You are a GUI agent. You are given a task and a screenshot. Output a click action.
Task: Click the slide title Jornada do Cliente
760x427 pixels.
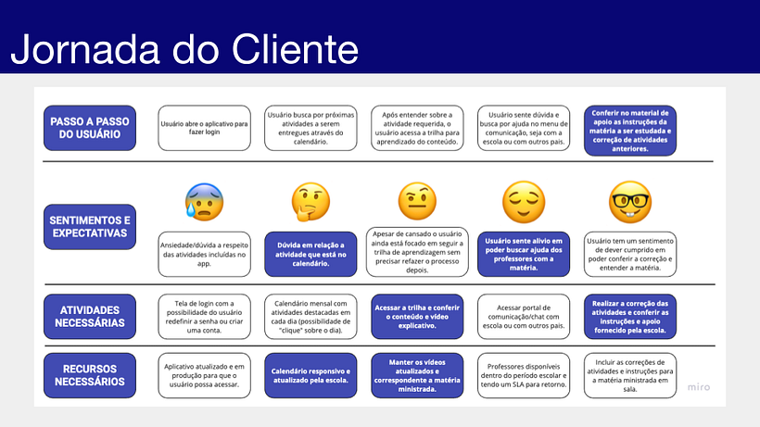pyautogui.click(x=184, y=47)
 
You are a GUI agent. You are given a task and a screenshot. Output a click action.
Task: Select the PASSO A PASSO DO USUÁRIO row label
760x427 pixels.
pyautogui.click(x=90, y=129)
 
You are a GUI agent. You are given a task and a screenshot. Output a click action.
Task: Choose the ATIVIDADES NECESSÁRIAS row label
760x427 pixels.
pyautogui.click(x=90, y=316)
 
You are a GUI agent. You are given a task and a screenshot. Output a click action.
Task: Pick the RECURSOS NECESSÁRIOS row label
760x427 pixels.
pyautogui.click(x=90, y=375)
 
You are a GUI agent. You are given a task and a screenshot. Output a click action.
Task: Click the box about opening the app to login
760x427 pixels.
pyautogui.click(x=204, y=129)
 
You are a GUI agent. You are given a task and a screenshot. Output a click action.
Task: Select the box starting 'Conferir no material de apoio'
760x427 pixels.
pyautogui.click(x=630, y=129)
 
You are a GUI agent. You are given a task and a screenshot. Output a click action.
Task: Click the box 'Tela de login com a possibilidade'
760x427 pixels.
pyautogui.click(x=204, y=316)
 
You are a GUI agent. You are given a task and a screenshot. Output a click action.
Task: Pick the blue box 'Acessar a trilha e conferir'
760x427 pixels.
pyautogui.click(x=417, y=316)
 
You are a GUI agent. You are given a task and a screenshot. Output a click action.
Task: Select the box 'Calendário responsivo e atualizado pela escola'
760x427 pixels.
pyautogui.click(x=310, y=375)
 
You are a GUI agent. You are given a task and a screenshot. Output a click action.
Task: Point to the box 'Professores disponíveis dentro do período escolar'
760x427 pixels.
pyautogui.click(x=524, y=375)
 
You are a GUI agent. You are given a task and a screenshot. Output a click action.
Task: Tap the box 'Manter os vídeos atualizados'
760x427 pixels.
pyautogui.click(x=417, y=375)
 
